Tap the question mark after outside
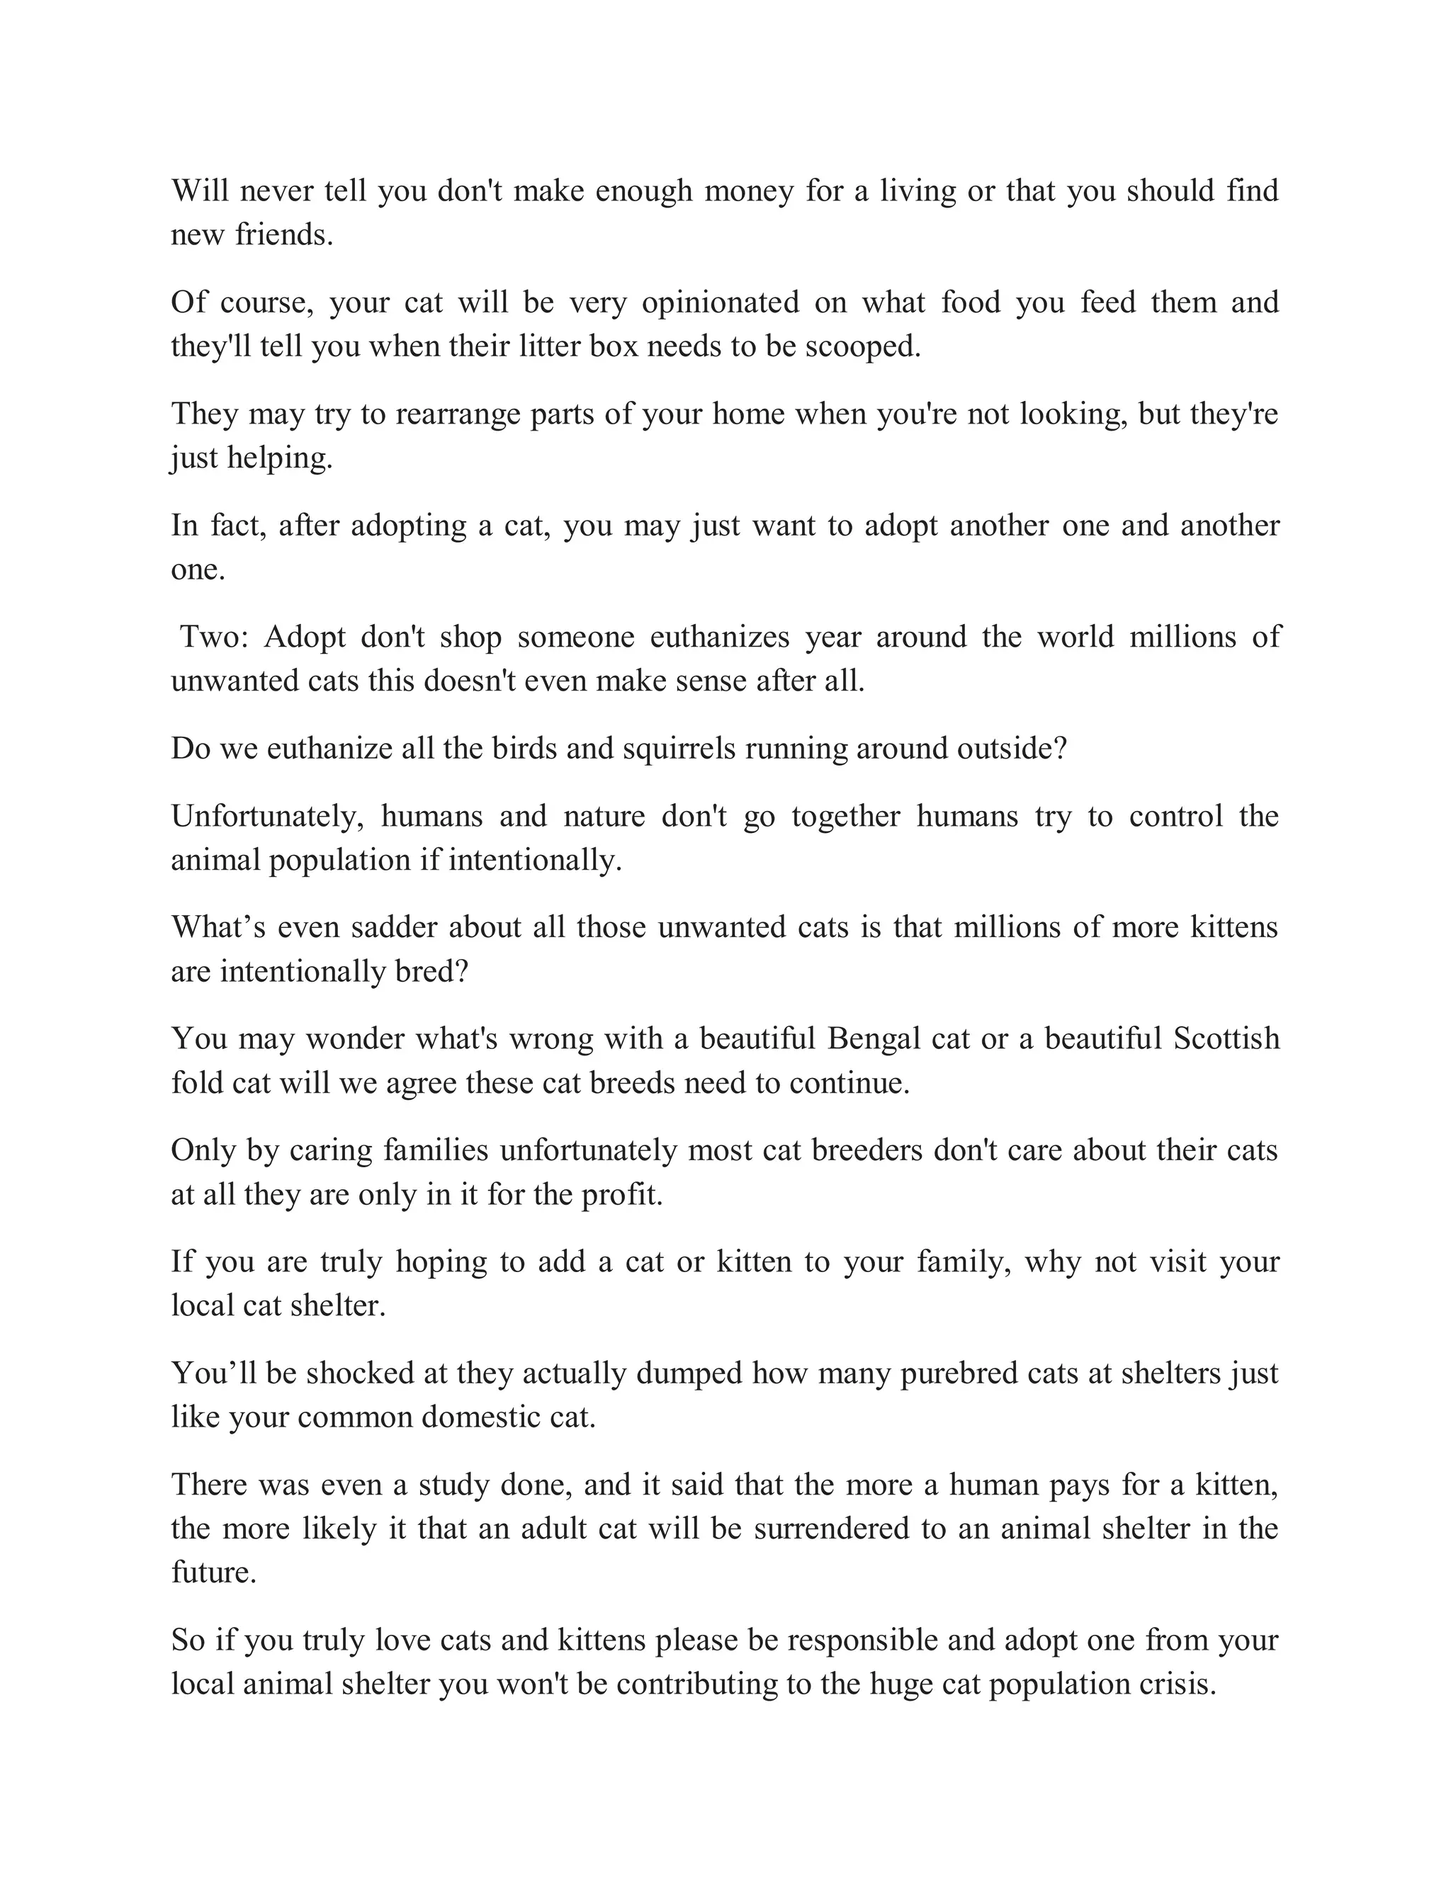pyautogui.click(x=1060, y=749)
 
